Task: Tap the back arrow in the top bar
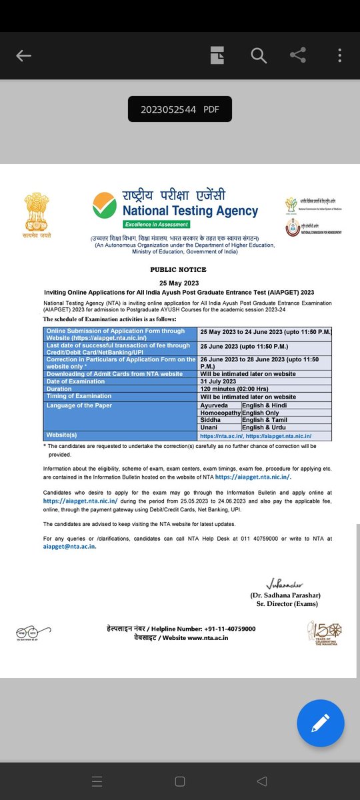pos(24,56)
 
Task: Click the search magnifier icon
pos(259,56)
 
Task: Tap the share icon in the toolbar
pos(298,56)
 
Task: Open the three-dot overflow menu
pos(340,56)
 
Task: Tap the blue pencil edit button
pos(321,723)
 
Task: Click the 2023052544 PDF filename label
pos(179,109)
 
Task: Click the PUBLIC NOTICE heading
pos(178,269)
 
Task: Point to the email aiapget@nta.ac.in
pos(69,547)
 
